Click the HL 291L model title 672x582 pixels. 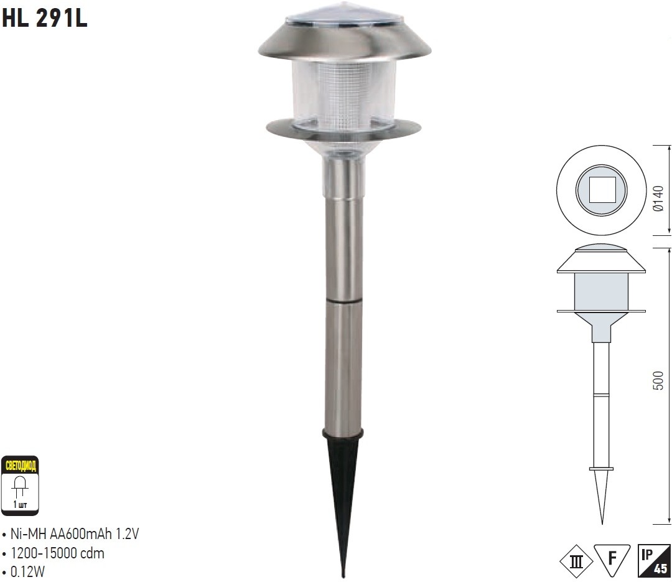tap(45, 18)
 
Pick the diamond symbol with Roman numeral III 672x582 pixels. tap(576, 561)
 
